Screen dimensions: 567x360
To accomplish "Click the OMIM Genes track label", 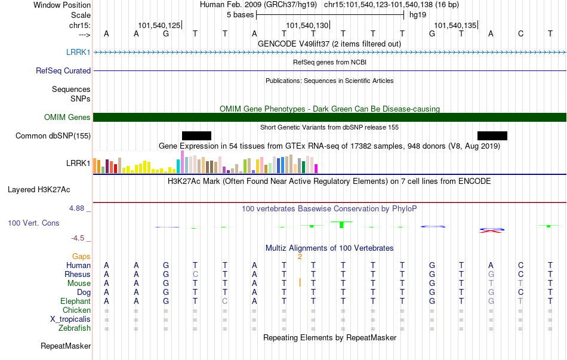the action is tap(67, 117).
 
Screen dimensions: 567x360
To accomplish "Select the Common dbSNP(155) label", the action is tap(53, 136).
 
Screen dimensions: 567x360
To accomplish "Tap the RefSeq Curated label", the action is tap(63, 70).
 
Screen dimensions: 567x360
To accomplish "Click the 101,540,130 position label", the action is tap(307, 25).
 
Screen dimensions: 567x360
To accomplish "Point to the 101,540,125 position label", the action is tap(159, 25).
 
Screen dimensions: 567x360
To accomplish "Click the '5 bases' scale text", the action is tap(240, 15).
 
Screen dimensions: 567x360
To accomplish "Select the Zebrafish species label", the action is tap(75, 328).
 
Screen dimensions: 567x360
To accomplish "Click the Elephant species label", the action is tap(76, 301).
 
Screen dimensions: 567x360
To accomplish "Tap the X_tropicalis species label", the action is tap(70, 319).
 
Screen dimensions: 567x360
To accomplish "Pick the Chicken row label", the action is tap(76, 310).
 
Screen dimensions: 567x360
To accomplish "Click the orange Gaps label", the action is tap(81, 256).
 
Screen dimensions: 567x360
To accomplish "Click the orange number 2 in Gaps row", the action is tap(300, 257).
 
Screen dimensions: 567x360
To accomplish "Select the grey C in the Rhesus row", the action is tap(195, 274).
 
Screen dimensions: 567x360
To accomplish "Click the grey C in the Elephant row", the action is tap(225, 301).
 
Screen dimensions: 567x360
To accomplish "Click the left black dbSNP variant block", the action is tap(197, 136).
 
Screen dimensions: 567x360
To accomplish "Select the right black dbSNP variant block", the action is tap(492, 136).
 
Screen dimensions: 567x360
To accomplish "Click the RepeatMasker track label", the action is tap(66, 346).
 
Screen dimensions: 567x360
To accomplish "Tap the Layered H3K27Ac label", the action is tap(39, 190).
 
